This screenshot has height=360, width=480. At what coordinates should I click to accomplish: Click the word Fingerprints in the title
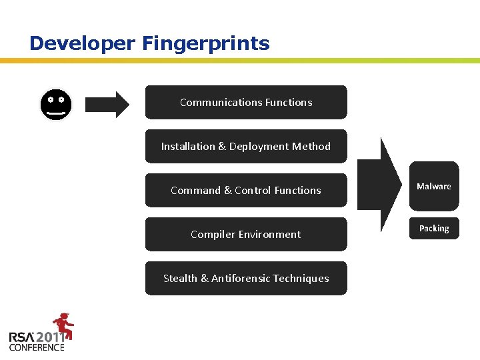pos(206,44)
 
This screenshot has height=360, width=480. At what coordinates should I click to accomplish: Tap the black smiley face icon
pos(55,104)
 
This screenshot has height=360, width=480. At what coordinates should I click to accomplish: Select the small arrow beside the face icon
pos(107,104)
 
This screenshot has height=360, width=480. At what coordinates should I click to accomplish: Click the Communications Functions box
pos(246,102)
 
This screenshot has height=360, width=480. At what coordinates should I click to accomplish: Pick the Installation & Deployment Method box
pos(246,146)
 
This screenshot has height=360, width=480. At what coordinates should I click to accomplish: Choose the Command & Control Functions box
pos(246,190)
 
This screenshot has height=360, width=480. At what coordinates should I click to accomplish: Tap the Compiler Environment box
pos(246,234)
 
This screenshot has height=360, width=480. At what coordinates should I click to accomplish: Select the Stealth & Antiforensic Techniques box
pos(246,278)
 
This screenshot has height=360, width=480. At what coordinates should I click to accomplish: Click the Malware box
pos(434,186)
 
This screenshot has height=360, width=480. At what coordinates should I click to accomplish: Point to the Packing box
pos(434,229)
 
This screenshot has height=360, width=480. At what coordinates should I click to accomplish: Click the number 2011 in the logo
pos(50,337)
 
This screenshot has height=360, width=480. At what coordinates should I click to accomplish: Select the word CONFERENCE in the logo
pos(37,347)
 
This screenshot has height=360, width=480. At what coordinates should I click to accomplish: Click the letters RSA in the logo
pos(21,337)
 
